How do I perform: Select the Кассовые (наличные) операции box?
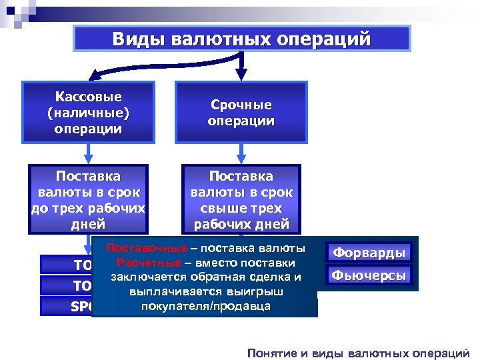point(89,112)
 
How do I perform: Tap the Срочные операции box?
point(241,113)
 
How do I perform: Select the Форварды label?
point(369,253)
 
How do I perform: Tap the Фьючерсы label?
point(369,275)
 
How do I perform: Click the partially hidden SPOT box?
point(67,306)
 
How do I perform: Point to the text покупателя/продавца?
point(205,306)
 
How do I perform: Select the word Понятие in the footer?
point(271,352)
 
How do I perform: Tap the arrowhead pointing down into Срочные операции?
point(241,75)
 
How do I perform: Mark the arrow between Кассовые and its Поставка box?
point(89,153)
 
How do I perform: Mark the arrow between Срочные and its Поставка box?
point(241,153)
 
